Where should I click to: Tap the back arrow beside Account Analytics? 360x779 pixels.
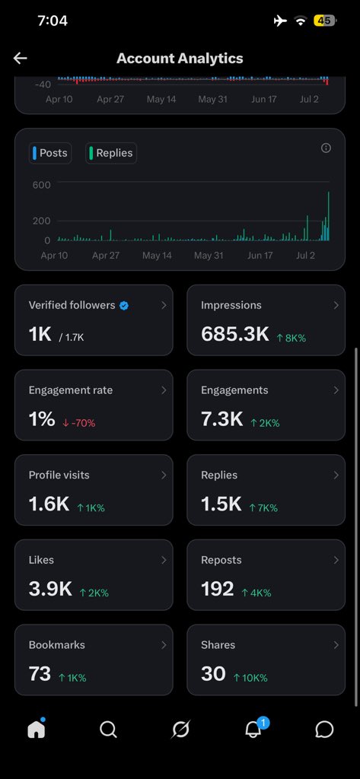click(x=20, y=58)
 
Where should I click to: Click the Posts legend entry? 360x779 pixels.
click(x=50, y=153)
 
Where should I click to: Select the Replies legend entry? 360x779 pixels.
click(x=111, y=153)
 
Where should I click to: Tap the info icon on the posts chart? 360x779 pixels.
click(x=327, y=148)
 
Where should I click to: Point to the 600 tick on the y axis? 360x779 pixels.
click(x=42, y=185)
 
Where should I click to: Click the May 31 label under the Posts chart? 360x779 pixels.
click(x=209, y=256)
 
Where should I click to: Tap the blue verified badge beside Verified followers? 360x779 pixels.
click(x=124, y=306)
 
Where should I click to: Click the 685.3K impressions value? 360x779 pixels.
click(x=234, y=335)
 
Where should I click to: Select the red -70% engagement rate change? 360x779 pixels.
click(x=79, y=423)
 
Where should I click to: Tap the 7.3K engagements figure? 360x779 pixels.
click(x=221, y=419)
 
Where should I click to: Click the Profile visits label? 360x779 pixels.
click(x=59, y=475)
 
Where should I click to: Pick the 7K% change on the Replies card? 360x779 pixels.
click(x=263, y=507)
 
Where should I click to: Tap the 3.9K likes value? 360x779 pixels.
click(x=50, y=590)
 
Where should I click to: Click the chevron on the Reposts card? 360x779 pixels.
click(x=336, y=560)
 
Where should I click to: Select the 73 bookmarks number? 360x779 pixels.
click(x=40, y=674)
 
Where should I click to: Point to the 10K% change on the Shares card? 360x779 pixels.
click(x=250, y=678)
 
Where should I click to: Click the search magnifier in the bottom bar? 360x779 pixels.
click(x=108, y=730)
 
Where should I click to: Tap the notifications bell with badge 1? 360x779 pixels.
click(x=254, y=728)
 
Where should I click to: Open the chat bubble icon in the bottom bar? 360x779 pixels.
click(x=324, y=730)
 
